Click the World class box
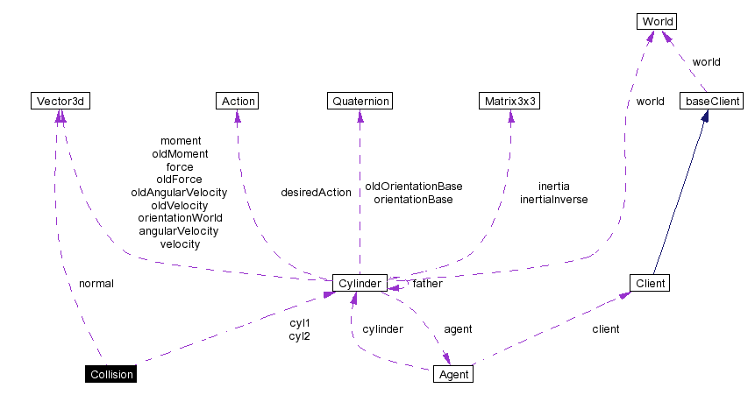pyautogui.click(x=657, y=21)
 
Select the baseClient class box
pyautogui.click(x=713, y=102)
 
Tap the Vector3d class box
pyautogui.click(x=60, y=102)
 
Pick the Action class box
pyautogui.click(x=238, y=102)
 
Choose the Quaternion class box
pyautogui.click(x=360, y=102)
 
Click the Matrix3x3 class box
pyautogui.click(x=509, y=102)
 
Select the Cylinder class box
pyautogui.click(x=360, y=284)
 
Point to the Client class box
pyautogui.click(x=650, y=284)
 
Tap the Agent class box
pyautogui.click(x=453, y=375)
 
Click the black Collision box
pyautogui.click(x=111, y=375)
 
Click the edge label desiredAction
pyautogui.click(x=316, y=193)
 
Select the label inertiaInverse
pyautogui.click(x=553, y=200)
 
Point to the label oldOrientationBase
pyautogui.click(x=414, y=187)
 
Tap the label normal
pyautogui.click(x=96, y=284)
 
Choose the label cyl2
pyautogui.click(x=300, y=336)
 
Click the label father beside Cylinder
pyautogui.click(x=427, y=284)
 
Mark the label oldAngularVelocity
pyautogui.click(x=179, y=193)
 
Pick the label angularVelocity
pyautogui.click(x=179, y=231)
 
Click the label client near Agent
pyautogui.click(x=605, y=329)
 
